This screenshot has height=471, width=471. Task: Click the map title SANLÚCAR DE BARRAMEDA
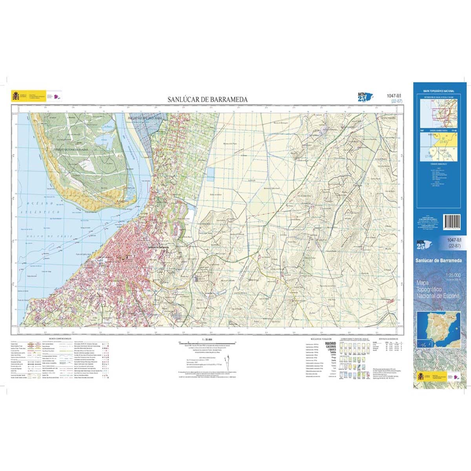click(207, 100)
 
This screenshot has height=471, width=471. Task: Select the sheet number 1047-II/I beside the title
click(395, 96)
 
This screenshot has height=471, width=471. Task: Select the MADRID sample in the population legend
click(330, 343)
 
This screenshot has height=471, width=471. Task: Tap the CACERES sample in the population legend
click(330, 347)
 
